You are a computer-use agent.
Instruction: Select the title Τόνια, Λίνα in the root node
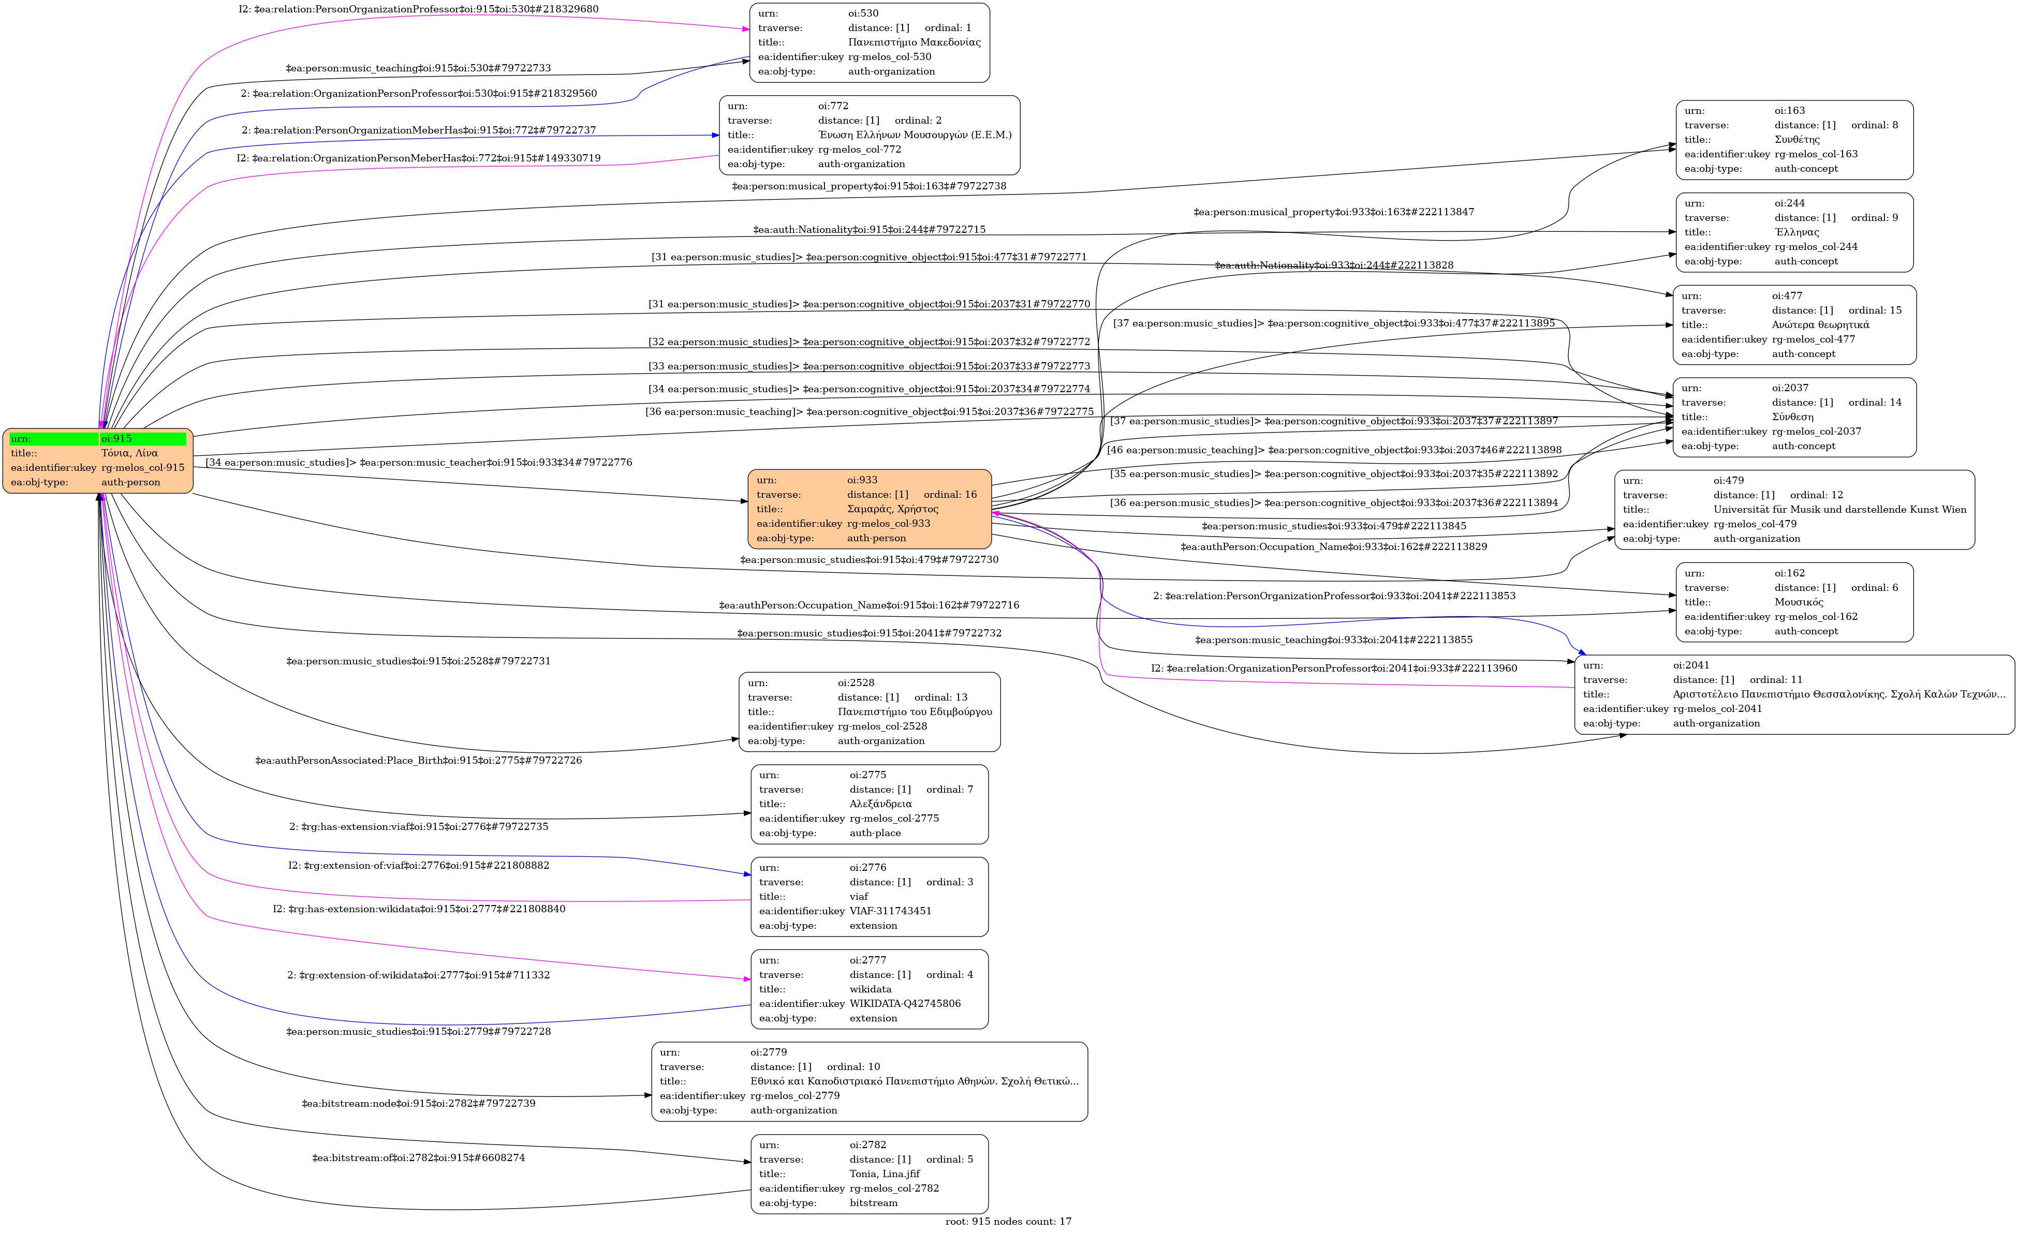[129, 453]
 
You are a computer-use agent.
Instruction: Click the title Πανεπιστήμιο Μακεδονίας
[914, 42]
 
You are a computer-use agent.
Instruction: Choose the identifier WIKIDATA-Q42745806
[905, 1004]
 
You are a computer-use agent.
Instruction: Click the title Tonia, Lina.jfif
[885, 1174]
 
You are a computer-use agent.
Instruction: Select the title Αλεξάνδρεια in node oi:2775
[880, 804]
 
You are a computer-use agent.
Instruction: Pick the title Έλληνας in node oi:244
[1797, 232]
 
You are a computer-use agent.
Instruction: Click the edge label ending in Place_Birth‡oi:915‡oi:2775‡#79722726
[419, 761]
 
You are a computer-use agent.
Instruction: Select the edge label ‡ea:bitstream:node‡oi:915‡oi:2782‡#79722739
[419, 1104]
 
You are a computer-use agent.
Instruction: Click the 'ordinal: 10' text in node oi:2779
[853, 1067]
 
